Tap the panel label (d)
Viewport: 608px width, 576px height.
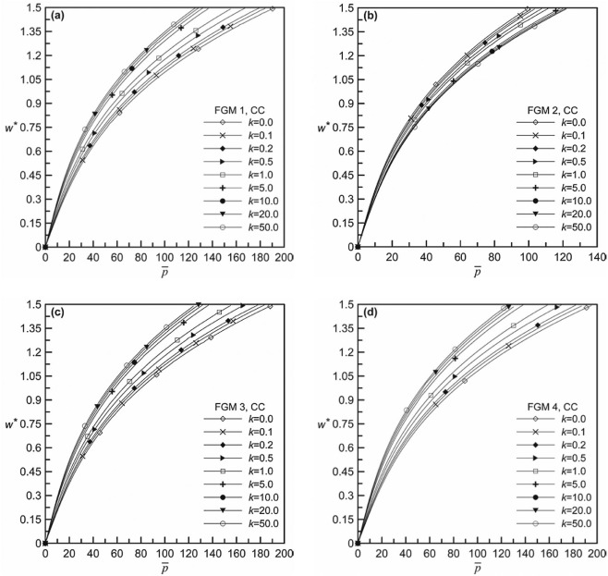tap(369, 313)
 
